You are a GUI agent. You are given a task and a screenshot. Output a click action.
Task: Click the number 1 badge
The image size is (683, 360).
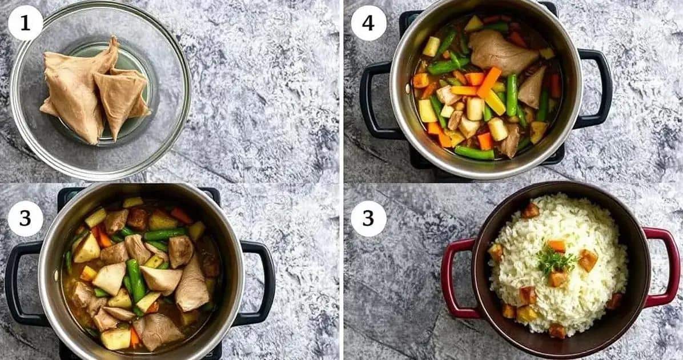tap(25, 23)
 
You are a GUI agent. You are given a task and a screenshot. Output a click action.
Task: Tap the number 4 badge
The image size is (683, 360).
tap(368, 23)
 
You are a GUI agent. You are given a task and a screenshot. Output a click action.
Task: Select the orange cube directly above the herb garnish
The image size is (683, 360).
tap(557, 246)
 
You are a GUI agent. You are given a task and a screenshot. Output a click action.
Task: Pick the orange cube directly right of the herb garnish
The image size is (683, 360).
tap(588, 260)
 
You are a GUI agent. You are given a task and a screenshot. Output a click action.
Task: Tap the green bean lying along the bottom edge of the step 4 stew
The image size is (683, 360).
tap(474, 153)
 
